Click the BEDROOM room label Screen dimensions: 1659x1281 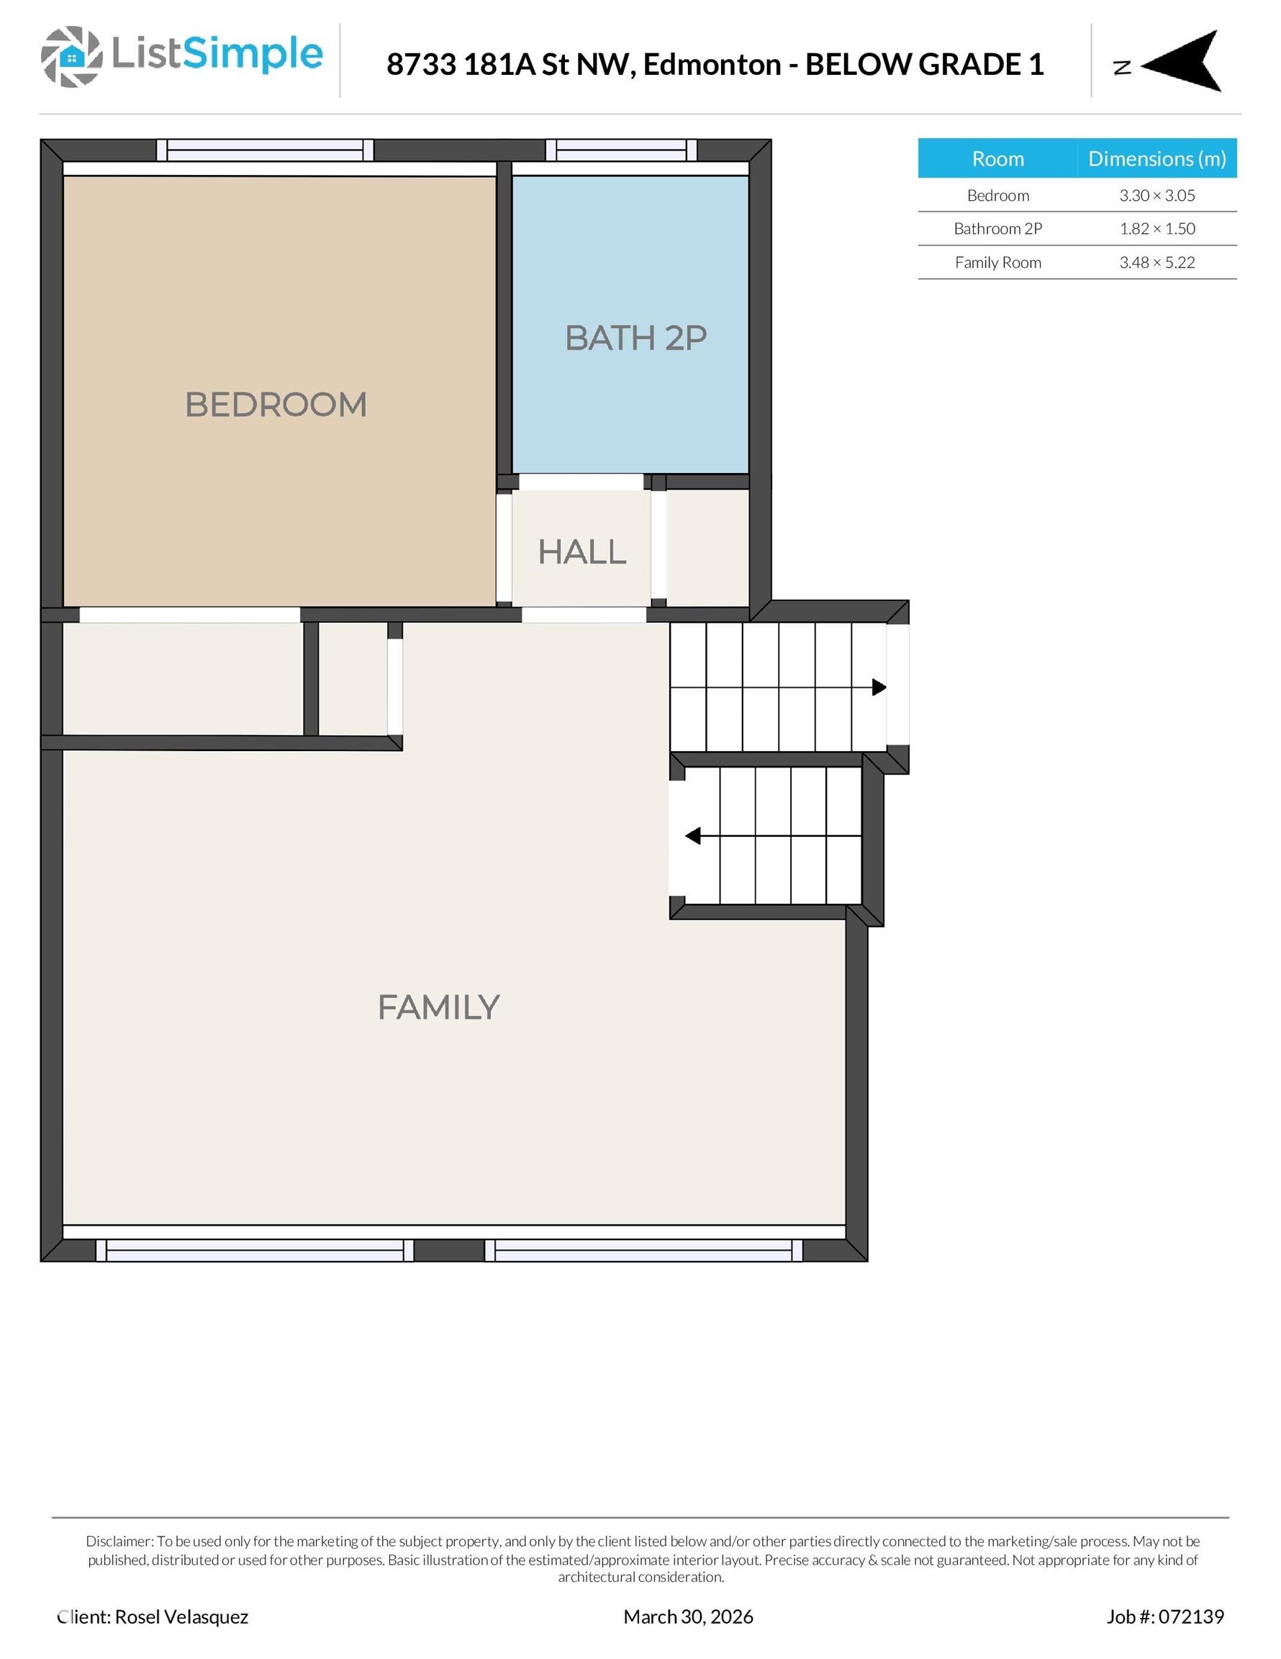[x=276, y=405]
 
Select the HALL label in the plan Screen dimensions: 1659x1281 [x=581, y=552]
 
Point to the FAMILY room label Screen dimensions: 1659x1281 [x=438, y=1008]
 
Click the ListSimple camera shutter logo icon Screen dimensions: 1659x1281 [x=71, y=56]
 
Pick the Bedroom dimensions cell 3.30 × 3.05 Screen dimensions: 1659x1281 [x=1156, y=195]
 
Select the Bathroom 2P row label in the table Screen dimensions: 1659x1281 [x=997, y=229]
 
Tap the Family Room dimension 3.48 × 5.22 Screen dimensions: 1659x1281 [x=1156, y=263]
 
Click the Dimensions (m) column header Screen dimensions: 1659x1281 [x=1156, y=158]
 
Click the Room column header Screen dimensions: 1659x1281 [x=997, y=158]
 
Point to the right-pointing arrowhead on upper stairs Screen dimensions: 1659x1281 [x=879, y=688]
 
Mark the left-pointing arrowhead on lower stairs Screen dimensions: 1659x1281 [x=692, y=836]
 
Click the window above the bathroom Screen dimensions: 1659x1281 [x=620, y=150]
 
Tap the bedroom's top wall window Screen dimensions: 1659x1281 [x=264, y=150]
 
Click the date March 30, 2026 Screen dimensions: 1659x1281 [x=688, y=1617]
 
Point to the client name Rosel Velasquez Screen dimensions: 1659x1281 [x=181, y=1617]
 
